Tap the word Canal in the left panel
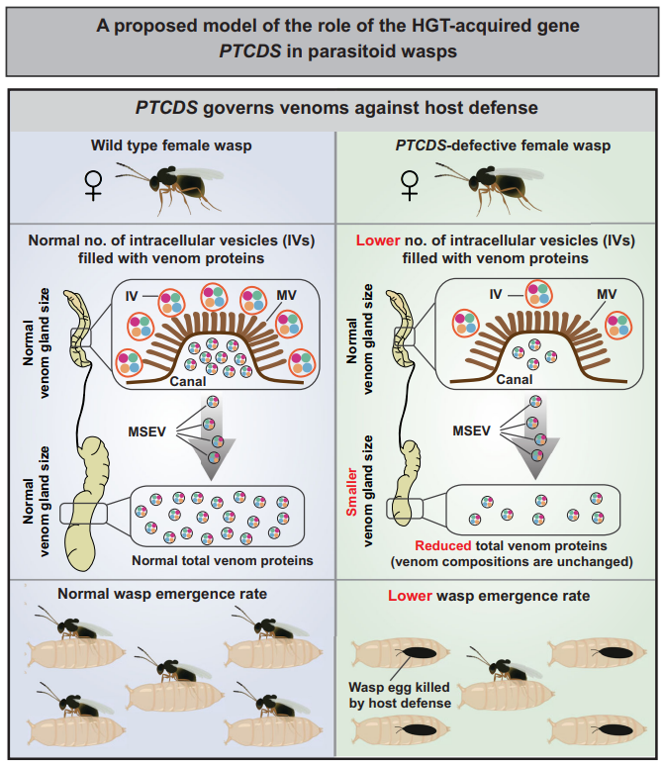click(190, 380)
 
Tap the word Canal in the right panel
click(514, 380)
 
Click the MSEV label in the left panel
click(148, 431)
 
